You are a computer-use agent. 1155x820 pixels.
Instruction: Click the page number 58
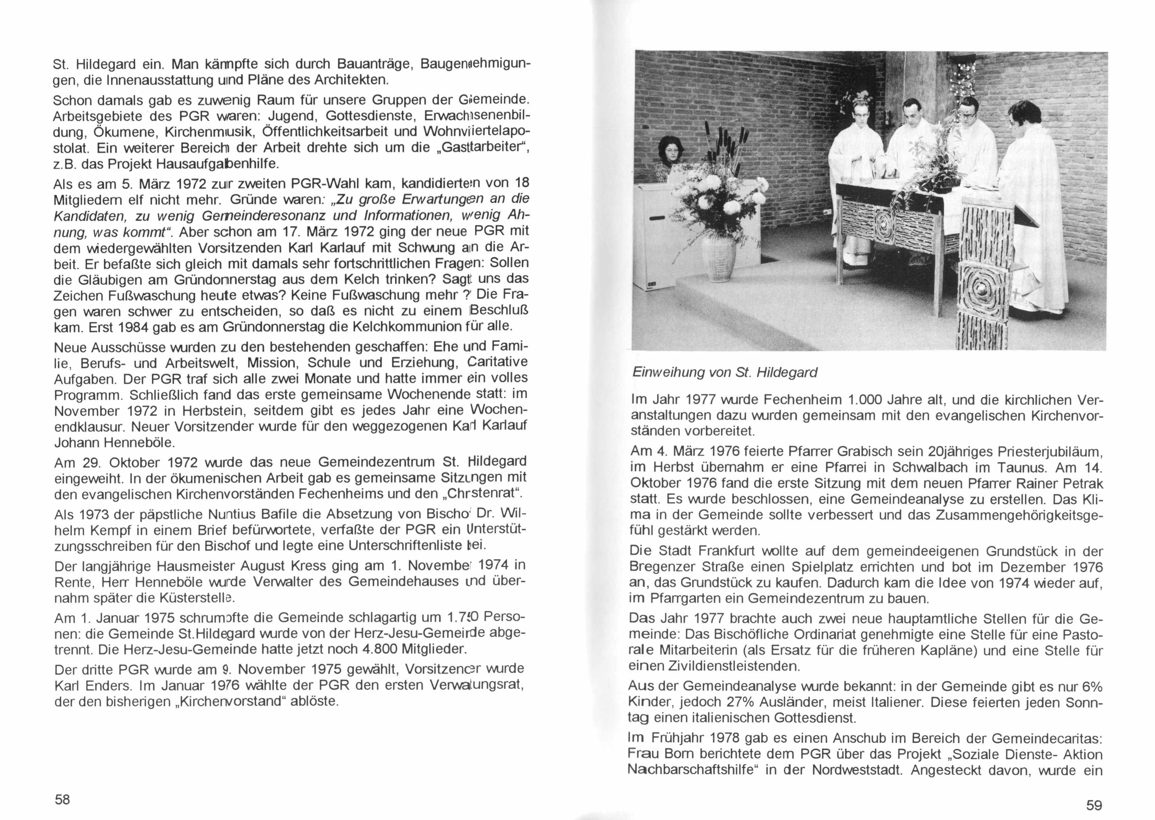point(62,800)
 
